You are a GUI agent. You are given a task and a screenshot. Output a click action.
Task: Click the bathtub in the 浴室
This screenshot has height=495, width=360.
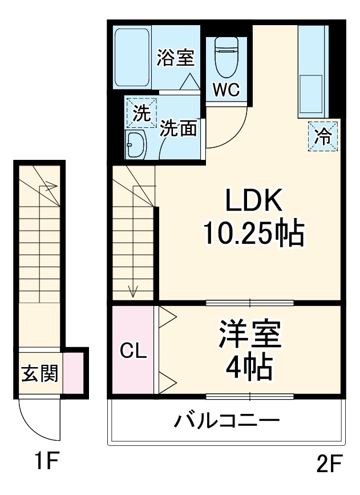132,58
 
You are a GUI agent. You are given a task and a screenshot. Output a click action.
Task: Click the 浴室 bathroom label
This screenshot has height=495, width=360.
176,59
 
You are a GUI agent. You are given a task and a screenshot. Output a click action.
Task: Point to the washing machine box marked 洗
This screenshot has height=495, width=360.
141,113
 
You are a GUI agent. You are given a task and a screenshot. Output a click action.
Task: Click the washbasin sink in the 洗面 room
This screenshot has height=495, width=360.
135,146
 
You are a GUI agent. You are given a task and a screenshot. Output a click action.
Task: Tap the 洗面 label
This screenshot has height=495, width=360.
178,128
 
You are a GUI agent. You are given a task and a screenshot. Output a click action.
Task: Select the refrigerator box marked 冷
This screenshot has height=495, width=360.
323,137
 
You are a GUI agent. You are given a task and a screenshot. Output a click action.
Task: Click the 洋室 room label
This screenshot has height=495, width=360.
250,335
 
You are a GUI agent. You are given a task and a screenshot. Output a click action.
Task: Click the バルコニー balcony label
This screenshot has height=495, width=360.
226,422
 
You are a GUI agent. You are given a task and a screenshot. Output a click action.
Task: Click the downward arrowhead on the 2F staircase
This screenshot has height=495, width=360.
133,293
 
